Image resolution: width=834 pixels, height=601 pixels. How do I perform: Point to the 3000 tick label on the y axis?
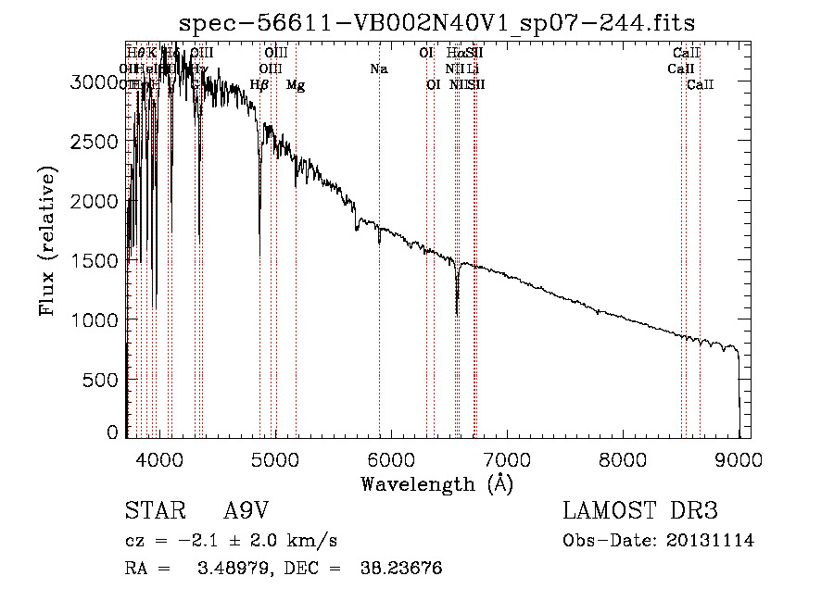pyautogui.click(x=96, y=81)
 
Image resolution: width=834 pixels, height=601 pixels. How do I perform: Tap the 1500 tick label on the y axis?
pyautogui.click(x=96, y=260)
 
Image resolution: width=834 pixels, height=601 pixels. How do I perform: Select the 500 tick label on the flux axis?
pyautogui.click(x=102, y=379)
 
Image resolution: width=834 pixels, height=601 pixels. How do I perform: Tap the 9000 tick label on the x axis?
pyautogui.click(x=739, y=458)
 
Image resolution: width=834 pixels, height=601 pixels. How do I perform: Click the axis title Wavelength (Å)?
pyautogui.click(x=436, y=483)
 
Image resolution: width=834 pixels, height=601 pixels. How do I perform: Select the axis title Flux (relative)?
pyautogui.click(x=47, y=241)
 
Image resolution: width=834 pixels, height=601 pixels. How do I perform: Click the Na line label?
pyautogui.click(x=378, y=69)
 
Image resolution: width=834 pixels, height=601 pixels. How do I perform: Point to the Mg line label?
pyautogui.click(x=296, y=85)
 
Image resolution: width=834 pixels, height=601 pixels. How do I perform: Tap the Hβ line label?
pyautogui.click(x=259, y=85)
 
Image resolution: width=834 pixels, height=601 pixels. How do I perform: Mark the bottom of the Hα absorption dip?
pyautogui.click(x=457, y=314)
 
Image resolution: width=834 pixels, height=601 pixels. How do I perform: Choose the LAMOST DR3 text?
pyautogui.click(x=640, y=511)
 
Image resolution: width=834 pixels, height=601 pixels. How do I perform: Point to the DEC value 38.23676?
pyautogui.click(x=400, y=568)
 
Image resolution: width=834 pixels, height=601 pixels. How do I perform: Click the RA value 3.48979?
pyautogui.click(x=229, y=568)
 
